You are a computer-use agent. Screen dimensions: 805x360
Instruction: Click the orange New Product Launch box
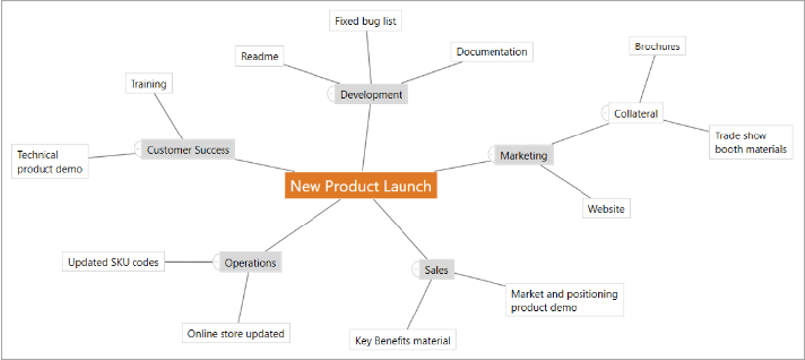(361, 185)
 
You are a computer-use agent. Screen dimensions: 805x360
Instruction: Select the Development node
(372, 95)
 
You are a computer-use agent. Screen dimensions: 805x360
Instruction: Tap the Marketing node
(524, 155)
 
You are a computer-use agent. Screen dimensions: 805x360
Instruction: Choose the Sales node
(436, 270)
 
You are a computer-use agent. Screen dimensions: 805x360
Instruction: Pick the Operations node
(250, 263)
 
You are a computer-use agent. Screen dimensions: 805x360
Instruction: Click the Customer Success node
(189, 150)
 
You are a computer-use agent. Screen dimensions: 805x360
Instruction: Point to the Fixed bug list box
(365, 22)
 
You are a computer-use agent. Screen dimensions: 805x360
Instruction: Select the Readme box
(260, 56)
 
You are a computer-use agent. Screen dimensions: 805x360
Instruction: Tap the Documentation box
(492, 52)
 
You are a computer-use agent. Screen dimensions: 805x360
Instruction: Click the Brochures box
(658, 46)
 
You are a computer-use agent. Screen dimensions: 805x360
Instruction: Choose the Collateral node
(636, 114)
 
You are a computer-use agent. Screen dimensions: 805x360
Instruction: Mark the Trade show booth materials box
(751, 142)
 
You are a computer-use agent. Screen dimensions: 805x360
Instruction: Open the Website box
(606, 209)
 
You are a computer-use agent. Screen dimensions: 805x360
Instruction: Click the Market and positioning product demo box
(565, 300)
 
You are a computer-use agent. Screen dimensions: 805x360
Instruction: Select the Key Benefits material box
(403, 340)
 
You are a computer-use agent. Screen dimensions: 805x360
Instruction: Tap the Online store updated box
(235, 334)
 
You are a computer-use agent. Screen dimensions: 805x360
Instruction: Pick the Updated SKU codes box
(114, 262)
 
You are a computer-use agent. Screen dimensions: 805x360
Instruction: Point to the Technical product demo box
(49, 161)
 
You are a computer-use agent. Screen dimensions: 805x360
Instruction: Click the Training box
(149, 84)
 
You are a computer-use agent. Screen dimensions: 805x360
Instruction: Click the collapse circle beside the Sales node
(416, 270)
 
